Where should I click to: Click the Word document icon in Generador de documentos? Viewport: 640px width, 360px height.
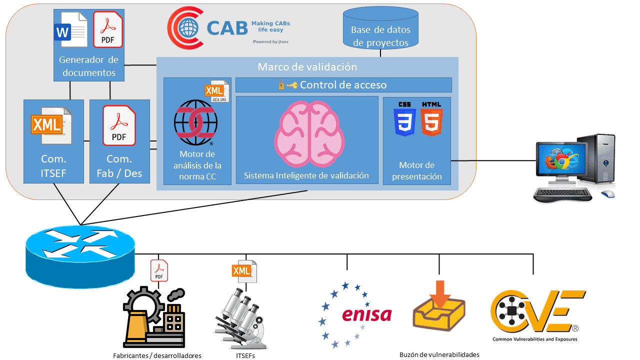pos(71,29)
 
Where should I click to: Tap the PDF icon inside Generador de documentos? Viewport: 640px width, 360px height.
pos(107,29)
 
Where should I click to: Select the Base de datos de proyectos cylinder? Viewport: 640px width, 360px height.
pos(380,28)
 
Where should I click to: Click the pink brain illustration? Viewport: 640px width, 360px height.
pos(309,134)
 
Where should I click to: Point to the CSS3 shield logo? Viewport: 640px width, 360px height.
pos(404,119)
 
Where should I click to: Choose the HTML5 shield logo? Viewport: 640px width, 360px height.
pos(431,119)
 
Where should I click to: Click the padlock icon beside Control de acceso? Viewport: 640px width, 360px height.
pos(281,84)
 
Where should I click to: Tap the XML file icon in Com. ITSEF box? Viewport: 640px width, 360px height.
pos(51,125)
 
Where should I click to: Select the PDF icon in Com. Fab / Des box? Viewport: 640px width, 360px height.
pos(119,125)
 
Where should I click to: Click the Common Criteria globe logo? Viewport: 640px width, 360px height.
pos(195,122)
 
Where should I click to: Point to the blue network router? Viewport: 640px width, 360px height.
pos(80,256)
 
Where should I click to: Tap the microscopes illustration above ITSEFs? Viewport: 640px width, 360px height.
pos(241,318)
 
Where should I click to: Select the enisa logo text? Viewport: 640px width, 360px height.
pos(367,314)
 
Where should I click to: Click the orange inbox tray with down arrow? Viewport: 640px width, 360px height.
pos(439,306)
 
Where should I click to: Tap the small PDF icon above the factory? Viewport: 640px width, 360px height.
pos(159,270)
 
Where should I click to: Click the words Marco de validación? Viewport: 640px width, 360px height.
pos(307,67)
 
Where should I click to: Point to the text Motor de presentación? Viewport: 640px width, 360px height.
pos(417,171)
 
